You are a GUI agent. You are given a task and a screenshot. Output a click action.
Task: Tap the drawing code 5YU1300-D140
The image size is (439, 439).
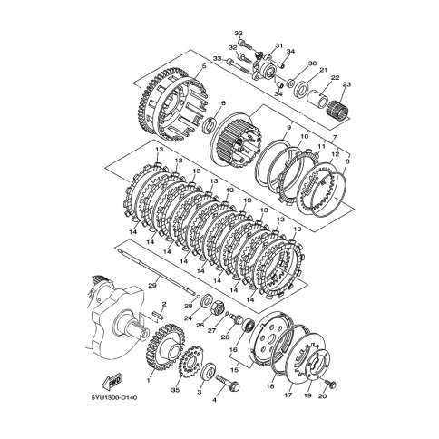click(114, 397)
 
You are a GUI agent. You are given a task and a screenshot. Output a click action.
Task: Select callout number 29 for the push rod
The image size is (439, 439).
click(152, 285)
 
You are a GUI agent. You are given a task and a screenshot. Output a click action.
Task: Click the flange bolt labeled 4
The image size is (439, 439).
click(228, 382)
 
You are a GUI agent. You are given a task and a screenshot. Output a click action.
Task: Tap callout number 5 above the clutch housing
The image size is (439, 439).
click(203, 66)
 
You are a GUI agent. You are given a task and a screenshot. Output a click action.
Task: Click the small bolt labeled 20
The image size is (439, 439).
click(330, 384)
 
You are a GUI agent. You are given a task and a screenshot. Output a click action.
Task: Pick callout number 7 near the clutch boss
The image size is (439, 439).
click(334, 138)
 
